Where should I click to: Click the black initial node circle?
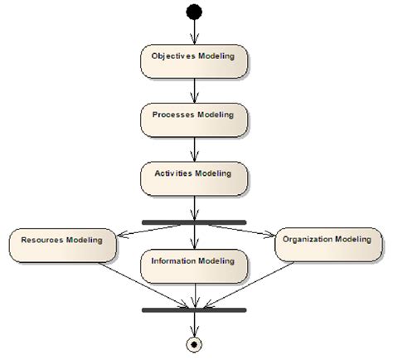coord(194,12)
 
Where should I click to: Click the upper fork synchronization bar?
coord(194,222)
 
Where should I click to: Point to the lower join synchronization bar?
coord(194,310)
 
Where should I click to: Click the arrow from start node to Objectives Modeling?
coord(194,32)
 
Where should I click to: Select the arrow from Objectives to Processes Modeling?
coord(194,90)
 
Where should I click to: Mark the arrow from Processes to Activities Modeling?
coord(194,148)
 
